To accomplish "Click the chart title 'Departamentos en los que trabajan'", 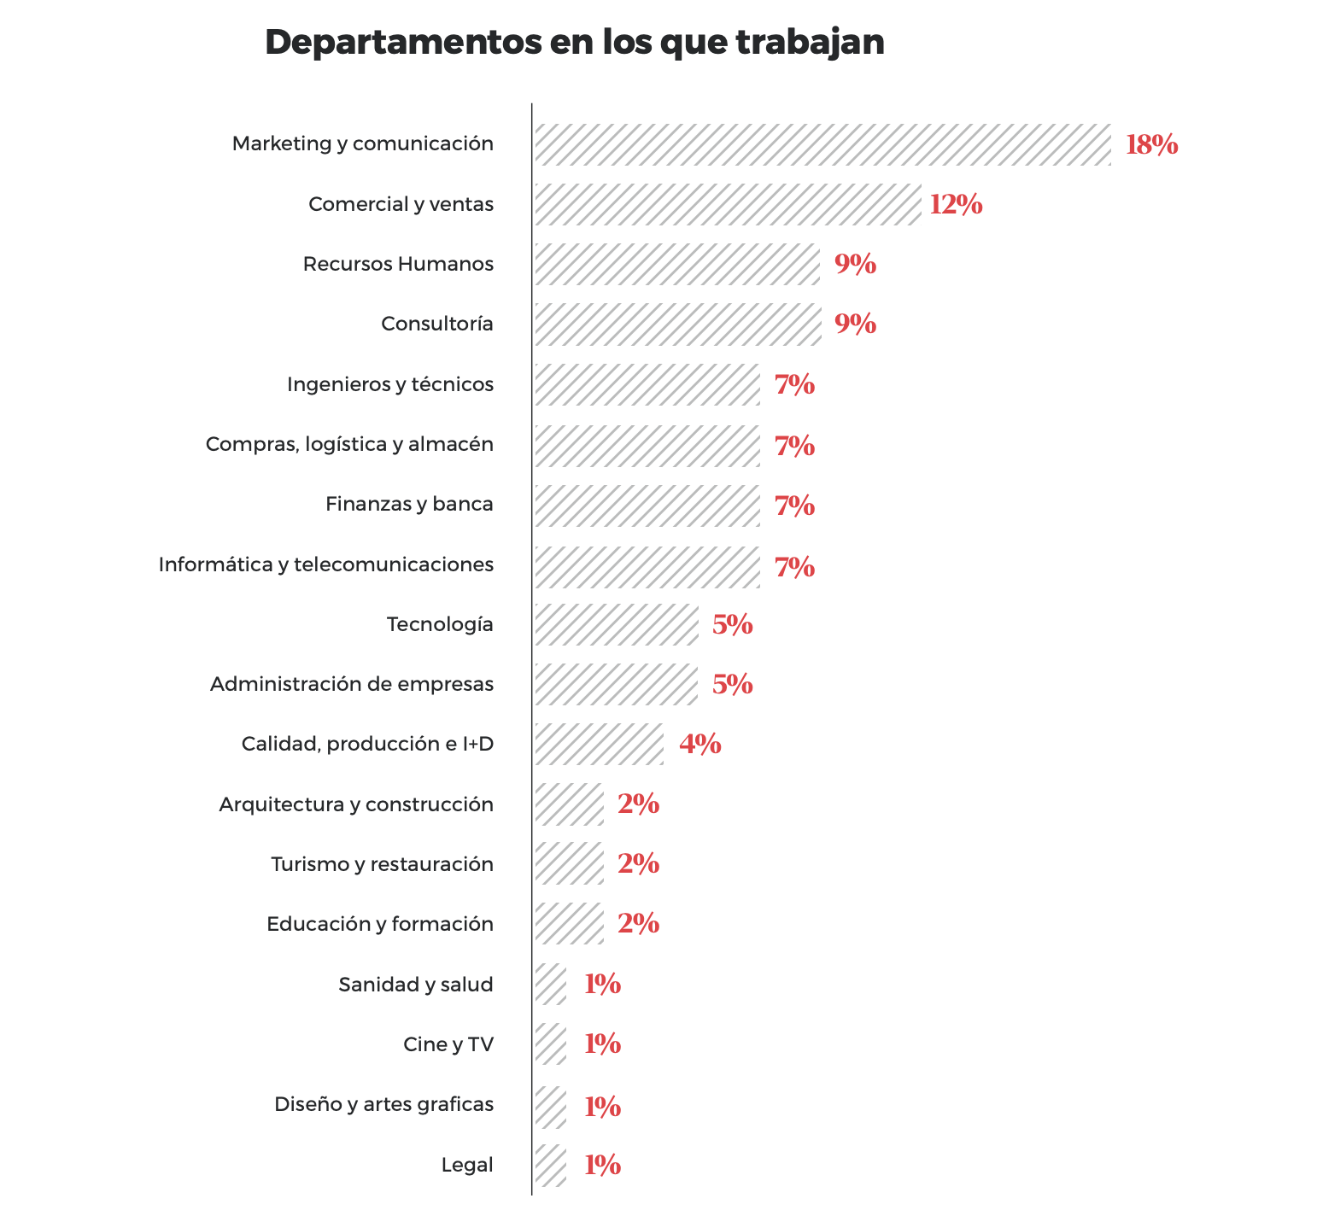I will pos(574,43).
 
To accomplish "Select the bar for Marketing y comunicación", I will pos(822,144).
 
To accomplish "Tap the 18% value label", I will pos(1151,145).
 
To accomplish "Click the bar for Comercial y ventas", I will pos(728,204).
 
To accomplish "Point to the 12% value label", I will pos(956,205).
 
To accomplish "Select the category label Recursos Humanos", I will pos(398,264).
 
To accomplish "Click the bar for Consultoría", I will pos(677,324).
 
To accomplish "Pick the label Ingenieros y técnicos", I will pos(390,384).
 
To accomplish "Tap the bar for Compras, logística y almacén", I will pos(647,445).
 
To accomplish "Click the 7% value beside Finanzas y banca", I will pos(794,506).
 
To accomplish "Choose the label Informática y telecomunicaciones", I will pos(326,564).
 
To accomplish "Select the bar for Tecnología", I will pos(617,624).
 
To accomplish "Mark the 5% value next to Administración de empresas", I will pos(732,684).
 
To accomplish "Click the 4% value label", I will pos(699,744).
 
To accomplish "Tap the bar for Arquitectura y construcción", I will pos(569,804).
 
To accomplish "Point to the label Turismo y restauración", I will pos(382,864).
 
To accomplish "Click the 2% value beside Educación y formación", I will pos(638,924).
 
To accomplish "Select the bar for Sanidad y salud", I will pos(551,985).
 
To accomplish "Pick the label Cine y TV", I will pos(448,1044).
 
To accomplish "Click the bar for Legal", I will pos(551,1165).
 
